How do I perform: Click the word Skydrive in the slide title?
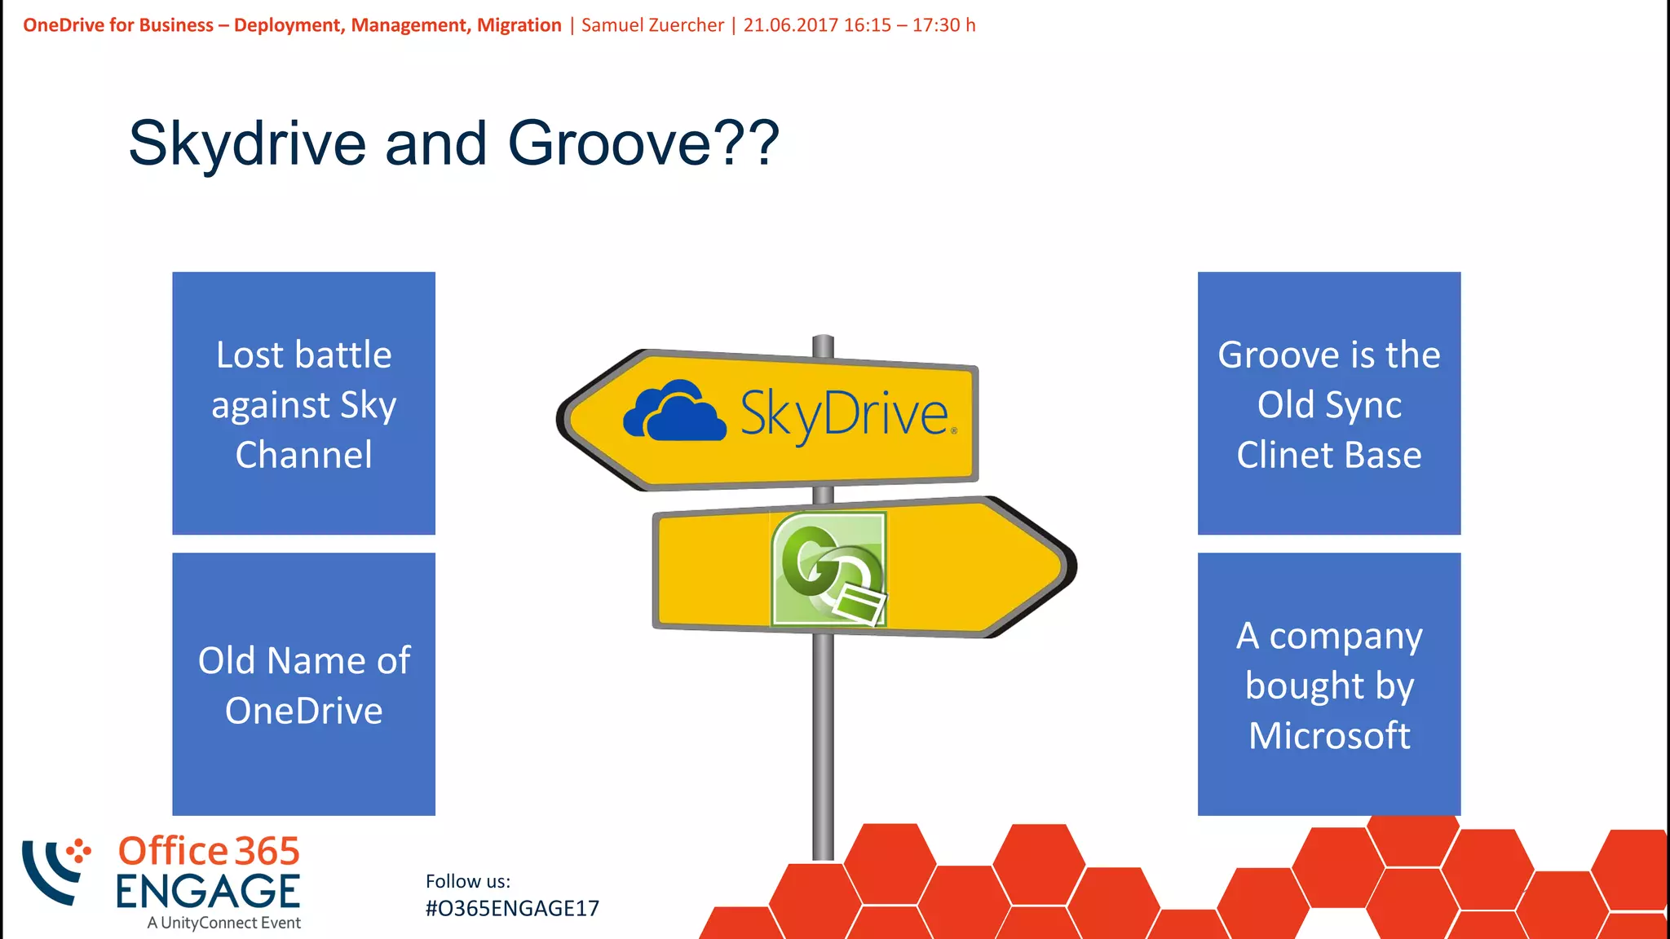pos(247,143)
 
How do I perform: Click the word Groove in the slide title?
pos(610,143)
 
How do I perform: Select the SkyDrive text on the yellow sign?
pos(845,414)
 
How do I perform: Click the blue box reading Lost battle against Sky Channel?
pos(303,403)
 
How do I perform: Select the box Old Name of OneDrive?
pos(303,684)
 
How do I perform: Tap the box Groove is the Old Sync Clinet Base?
pos(1328,403)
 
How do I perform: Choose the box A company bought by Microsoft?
pos(1328,684)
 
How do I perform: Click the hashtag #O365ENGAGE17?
pos(512,908)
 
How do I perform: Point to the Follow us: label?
pos(467,881)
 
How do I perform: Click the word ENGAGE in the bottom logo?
pos(208,892)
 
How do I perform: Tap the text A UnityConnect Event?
pos(224,923)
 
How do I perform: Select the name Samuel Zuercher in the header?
pos(652,25)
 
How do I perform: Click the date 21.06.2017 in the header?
pos(790,25)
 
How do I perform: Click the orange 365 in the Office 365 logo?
pos(267,852)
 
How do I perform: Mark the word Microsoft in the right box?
pos(1328,735)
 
